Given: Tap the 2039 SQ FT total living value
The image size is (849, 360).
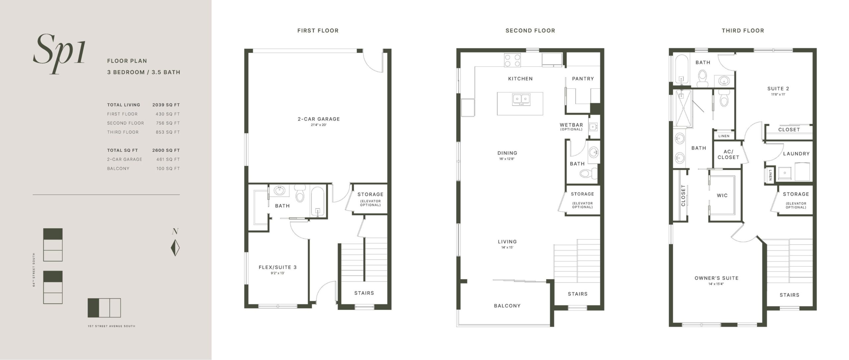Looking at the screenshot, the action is point(166,105).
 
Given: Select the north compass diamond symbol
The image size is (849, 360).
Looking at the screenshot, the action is point(175,248).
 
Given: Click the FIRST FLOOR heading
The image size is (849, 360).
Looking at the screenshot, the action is point(318,31).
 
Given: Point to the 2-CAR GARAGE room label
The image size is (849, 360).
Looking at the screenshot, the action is point(319,119).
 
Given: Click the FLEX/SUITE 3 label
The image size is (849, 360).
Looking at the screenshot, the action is point(278,267).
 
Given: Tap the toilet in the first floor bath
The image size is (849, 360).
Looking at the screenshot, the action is point(299,193).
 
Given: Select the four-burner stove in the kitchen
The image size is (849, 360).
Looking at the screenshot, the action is point(512,61).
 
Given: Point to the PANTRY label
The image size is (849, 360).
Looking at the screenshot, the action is point(583,79).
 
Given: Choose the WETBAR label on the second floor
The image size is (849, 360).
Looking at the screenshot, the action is point(571,125).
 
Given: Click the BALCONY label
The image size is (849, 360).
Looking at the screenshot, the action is point(507,306).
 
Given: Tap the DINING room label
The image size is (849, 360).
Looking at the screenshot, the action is point(507,153).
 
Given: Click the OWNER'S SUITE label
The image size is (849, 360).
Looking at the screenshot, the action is point(716,278).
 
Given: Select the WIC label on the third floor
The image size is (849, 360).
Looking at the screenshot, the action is point(722,195).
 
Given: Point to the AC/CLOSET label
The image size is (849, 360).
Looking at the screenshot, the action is point(728,154).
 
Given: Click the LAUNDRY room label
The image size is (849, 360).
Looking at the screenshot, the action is point(796,154).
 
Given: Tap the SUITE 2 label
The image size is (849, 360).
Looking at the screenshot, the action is point(778,89).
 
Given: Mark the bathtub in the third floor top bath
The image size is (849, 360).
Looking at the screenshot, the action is point(682,68).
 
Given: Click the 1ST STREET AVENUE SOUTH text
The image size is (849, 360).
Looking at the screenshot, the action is point(111,326).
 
